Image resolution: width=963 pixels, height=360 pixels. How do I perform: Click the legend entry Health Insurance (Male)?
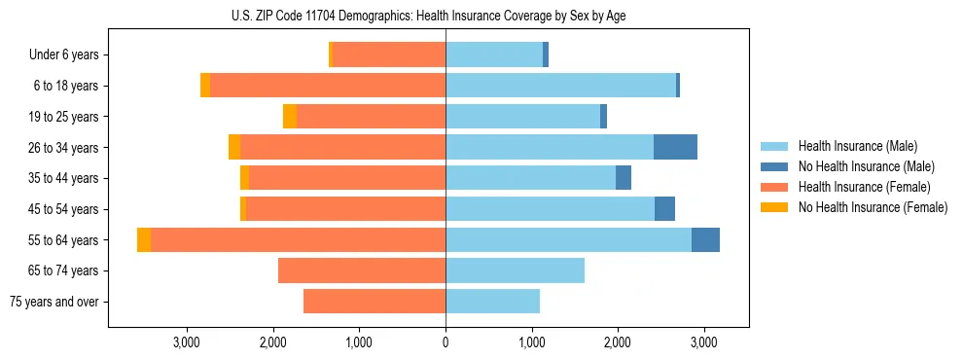856,146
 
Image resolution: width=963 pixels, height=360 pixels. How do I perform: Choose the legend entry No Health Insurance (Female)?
873,207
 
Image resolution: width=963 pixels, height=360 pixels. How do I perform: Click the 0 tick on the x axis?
446,342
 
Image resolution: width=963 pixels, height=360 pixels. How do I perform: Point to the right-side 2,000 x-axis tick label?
618,342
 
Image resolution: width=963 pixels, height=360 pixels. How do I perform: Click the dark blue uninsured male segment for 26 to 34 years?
675,147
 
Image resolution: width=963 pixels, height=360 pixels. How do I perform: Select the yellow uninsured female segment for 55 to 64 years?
144,239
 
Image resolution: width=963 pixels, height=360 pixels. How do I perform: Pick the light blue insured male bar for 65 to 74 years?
515,270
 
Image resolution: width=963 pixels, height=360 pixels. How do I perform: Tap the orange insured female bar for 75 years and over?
374,302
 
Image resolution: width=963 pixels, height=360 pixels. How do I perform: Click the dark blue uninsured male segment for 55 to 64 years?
705,239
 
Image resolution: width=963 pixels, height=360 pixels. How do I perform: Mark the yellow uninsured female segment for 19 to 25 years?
290,117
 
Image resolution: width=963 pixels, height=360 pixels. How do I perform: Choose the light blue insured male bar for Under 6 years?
494,55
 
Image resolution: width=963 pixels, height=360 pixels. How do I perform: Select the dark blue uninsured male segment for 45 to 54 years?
664,209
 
